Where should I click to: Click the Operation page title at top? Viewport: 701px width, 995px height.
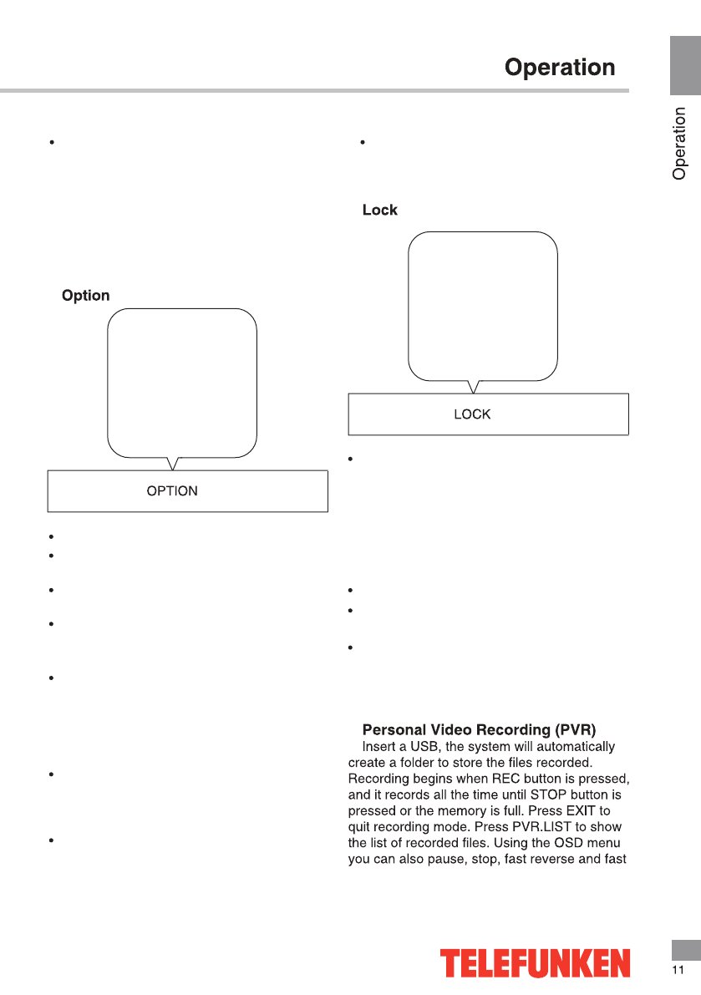point(560,67)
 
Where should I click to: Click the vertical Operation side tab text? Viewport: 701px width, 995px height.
point(680,144)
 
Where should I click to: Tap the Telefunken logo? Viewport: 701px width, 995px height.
point(536,962)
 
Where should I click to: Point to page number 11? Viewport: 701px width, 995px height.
point(678,970)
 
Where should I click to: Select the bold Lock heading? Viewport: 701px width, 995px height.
point(380,211)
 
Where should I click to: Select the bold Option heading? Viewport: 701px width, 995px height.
point(86,296)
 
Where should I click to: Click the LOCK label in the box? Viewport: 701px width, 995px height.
point(472,414)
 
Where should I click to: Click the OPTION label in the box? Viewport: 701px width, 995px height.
point(172,491)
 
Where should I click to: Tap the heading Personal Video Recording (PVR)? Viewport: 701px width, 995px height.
point(479,730)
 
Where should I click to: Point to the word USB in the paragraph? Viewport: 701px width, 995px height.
point(421,746)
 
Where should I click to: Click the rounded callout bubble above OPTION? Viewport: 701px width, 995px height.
point(182,383)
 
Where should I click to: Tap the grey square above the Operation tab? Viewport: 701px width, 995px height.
point(684,66)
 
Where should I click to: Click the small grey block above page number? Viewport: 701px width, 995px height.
point(685,949)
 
